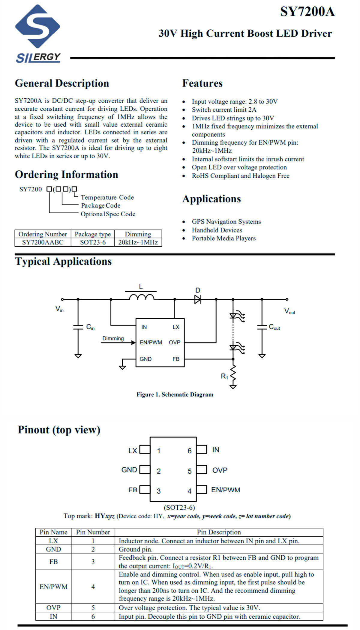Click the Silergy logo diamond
point(37,26)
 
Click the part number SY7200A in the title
point(307,12)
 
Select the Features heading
point(202,83)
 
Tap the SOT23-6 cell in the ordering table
point(93,242)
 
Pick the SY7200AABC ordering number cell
point(43,242)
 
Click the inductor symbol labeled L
point(142,297)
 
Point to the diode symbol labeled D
point(198,299)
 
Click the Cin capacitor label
point(90,327)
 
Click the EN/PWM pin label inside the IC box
point(151,343)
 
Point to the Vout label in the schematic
point(290,311)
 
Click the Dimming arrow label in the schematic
point(113,338)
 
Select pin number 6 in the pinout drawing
point(190,451)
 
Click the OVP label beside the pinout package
point(220,470)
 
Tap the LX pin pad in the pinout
point(145,449)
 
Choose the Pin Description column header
point(219,532)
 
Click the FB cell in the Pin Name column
point(53,562)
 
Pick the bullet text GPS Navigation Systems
point(226,222)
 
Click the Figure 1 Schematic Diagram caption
point(175,394)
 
